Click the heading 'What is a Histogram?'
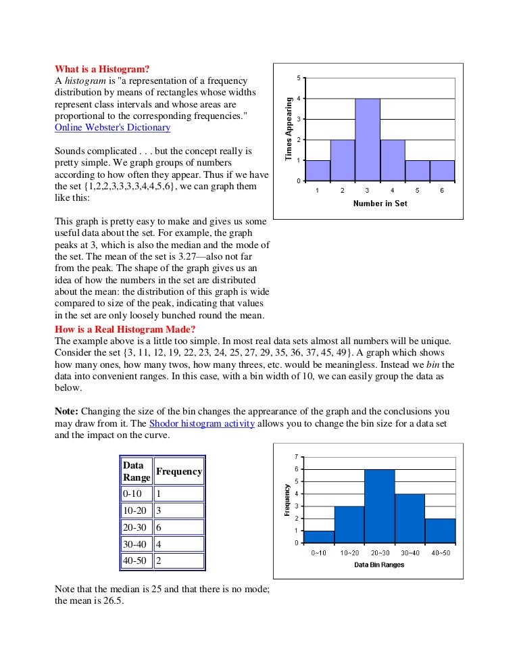102,68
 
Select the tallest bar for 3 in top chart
367,139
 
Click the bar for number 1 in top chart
318,170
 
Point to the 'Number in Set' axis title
380,203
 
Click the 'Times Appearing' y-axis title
289,129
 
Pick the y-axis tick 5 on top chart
299,78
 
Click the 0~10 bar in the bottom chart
319,536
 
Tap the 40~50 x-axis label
441,553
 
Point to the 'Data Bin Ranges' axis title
379,565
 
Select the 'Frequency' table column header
179,471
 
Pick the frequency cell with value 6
179,527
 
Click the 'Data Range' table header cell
137,471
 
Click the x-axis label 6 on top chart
441,191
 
